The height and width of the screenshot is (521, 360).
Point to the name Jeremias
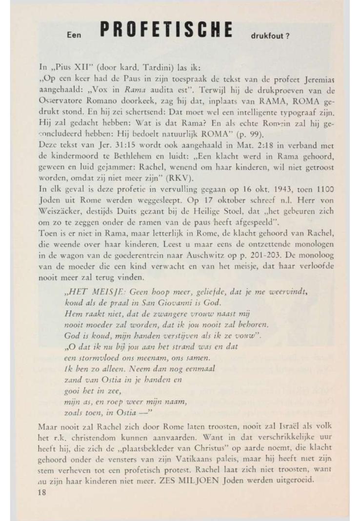[x=303, y=80]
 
